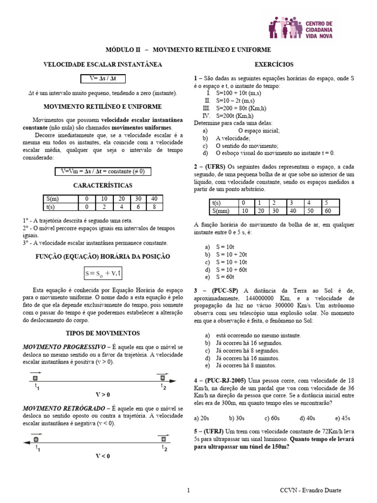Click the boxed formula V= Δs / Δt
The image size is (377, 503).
click(x=103, y=79)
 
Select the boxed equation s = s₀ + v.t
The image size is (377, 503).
click(x=103, y=272)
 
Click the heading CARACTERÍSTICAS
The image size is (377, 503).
click(x=103, y=185)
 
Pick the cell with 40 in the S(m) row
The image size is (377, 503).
click(x=154, y=198)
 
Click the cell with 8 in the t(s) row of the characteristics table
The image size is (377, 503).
click(x=154, y=207)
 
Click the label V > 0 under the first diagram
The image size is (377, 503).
click(x=103, y=394)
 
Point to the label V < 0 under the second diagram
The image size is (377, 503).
click(x=103, y=456)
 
